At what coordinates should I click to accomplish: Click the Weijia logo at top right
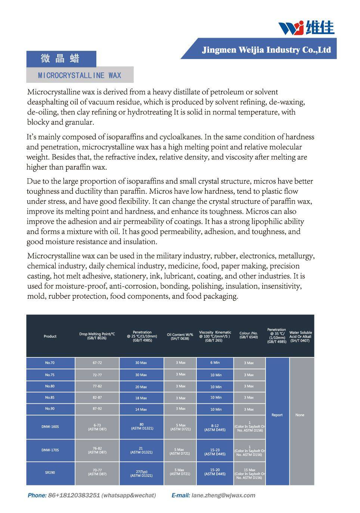tap(306, 27)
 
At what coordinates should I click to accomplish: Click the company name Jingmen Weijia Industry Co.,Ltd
tap(266, 50)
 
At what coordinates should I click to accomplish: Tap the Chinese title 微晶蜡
tap(60, 59)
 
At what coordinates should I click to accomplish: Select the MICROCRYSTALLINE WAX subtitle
tap(80, 75)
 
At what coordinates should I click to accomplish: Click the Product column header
tap(50, 336)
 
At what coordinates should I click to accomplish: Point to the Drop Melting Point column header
tap(97, 336)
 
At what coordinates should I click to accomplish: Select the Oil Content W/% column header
tap(180, 336)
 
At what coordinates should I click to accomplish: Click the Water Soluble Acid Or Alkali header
tap(300, 336)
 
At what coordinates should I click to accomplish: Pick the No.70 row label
tap(50, 363)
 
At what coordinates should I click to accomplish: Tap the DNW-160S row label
tap(50, 426)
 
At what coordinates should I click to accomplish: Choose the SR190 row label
tap(50, 473)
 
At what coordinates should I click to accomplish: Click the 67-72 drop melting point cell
tap(97, 363)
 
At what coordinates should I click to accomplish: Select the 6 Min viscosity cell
tap(215, 363)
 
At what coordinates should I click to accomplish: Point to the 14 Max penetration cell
tap(141, 409)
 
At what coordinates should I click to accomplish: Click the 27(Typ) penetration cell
tap(141, 473)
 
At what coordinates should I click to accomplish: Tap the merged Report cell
tap(277, 415)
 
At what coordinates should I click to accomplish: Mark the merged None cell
tap(300, 415)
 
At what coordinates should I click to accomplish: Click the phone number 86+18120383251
tap(74, 495)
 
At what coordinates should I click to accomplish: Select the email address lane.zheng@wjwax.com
tap(223, 495)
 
